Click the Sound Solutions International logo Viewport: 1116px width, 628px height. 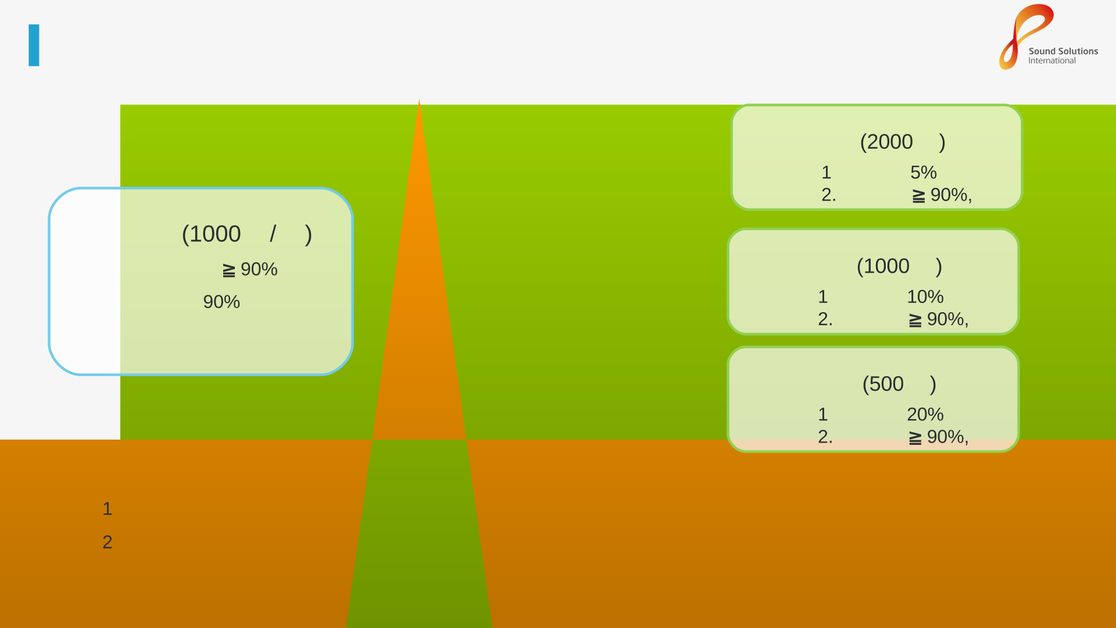pos(1048,37)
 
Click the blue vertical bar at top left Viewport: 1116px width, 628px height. pos(34,45)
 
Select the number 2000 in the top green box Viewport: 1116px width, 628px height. pos(890,142)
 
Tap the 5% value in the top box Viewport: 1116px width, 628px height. pos(924,173)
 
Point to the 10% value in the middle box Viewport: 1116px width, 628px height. pos(925,297)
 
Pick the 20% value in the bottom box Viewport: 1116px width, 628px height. pos(925,415)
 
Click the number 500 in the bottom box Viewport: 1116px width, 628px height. pos(886,384)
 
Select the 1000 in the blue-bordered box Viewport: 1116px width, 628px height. pos(215,234)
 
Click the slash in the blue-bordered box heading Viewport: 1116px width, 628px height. pos(273,234)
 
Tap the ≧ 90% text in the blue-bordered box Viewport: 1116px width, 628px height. pos(251,270)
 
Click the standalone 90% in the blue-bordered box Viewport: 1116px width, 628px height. pos(221,302)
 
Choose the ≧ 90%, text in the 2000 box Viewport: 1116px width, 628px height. pos(942,195)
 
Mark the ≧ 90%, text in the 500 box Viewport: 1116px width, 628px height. pos(939,437)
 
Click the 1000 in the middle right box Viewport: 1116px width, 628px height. pos(886,266)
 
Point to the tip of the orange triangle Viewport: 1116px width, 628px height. pos(419,100)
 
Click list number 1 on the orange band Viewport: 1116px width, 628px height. pos(108,509)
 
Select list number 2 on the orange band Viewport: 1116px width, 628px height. pos(108,543)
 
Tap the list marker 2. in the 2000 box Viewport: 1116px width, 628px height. pos(829,195)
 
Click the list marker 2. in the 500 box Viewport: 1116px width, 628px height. pos(825,437)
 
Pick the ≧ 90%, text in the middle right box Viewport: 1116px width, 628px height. pos(939,320)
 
